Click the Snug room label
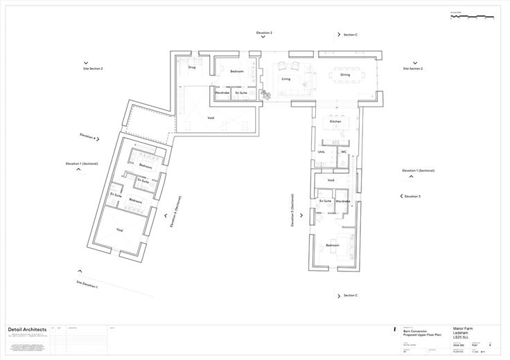pos(192,67)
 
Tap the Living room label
pos(285,79)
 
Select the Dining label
pos(345,75)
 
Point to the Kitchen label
pos(335,121)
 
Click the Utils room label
pos(321,152)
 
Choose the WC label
pos(343,152)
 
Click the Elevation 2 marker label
pos(264,33)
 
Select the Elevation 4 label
pos(88,137)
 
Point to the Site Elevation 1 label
pos(87,285)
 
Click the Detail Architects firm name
pos(27,329)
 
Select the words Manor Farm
pos(463,328)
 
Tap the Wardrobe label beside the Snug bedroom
pos(222,92)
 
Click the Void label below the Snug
pos(211,118)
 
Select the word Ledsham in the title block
pos(460,332)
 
